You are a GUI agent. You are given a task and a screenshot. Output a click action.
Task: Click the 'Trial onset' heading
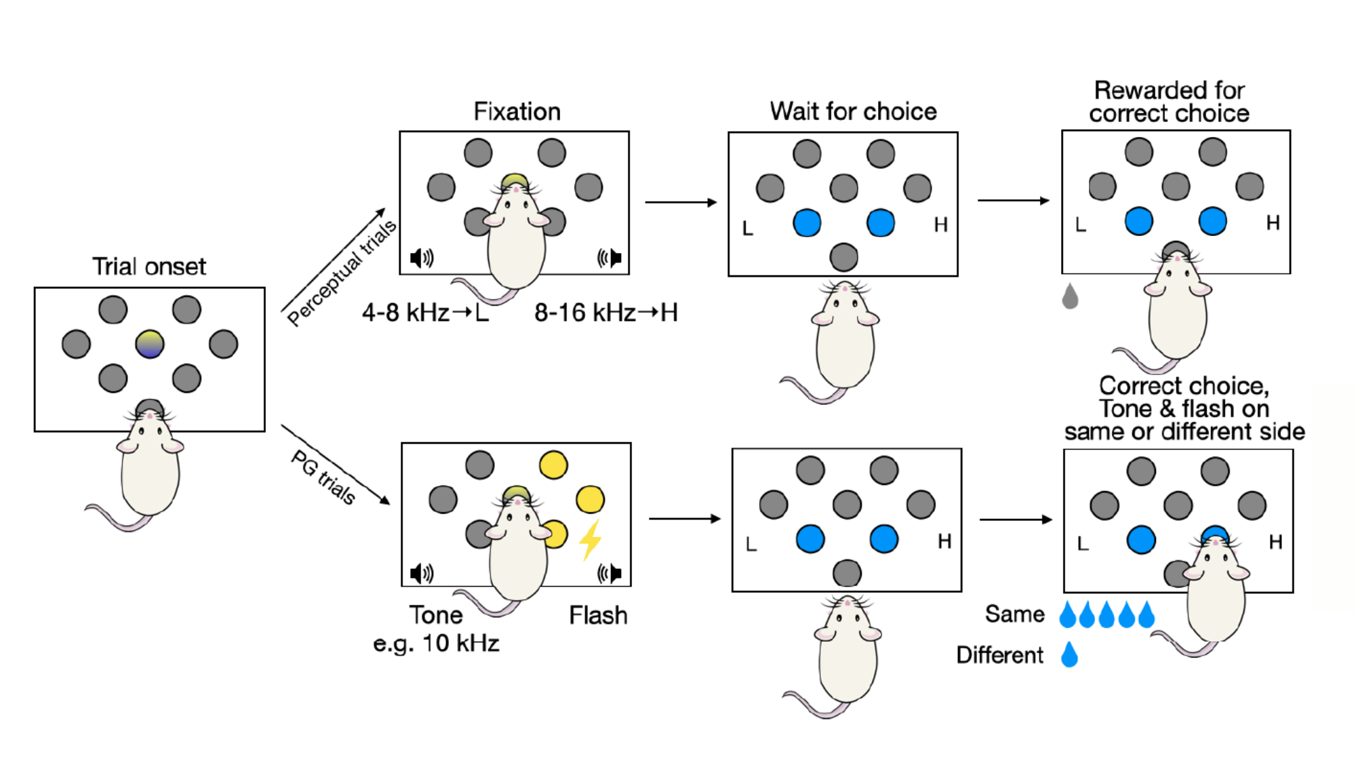(x=149, y=267)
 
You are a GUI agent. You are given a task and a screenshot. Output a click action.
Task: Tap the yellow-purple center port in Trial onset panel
(x=149, y=344)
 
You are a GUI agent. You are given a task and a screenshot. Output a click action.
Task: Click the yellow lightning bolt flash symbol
(x=591, y=540)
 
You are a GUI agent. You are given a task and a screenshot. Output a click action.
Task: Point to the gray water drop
(x=1070, y=296)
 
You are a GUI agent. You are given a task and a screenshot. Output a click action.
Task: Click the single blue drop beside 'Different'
(x=1069, y=655)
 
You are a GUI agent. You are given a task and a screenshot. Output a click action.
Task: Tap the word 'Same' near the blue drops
(x=1014, y=614)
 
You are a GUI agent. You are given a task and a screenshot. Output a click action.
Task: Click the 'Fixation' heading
(x=517, y=111)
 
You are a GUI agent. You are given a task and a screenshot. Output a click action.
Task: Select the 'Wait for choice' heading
(x=853, y=111)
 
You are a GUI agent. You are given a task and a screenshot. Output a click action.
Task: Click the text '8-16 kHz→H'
(x=605, y=313)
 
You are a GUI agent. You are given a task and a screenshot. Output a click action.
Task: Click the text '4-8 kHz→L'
(x=425, y=313)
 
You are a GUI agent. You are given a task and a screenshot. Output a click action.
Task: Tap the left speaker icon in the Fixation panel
(x=422, y=258)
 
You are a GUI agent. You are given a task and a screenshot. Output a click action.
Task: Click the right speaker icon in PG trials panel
(x=610, y=573)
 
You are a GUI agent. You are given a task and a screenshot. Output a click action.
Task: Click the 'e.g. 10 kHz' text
(x=436, y=643)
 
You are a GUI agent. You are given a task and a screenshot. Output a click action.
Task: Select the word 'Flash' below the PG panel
(x=598, y=615)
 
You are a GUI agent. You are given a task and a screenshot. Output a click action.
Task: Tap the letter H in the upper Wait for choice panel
(x=940, y=224)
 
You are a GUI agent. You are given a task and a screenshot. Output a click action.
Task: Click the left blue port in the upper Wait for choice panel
(x=807, y=222)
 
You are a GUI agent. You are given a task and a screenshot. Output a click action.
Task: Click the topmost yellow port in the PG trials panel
(x=553, y=465)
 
